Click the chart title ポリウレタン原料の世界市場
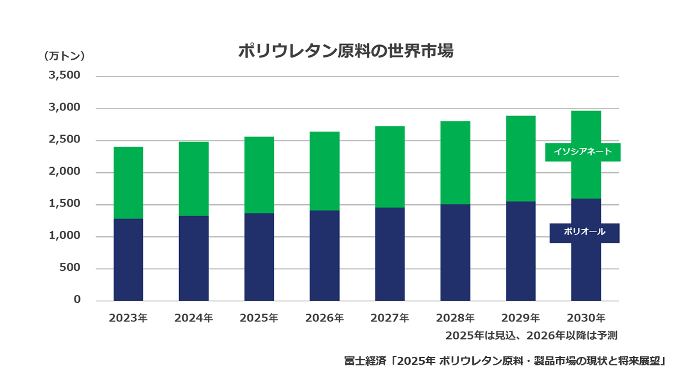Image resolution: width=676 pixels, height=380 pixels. pos(346,51)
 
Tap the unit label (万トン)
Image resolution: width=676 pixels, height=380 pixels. pos(64,56)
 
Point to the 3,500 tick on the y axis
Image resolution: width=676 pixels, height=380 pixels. pos(65,75)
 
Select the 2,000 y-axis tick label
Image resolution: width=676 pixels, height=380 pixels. pos(65,171)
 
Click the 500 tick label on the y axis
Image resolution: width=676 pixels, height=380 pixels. pos(70,267)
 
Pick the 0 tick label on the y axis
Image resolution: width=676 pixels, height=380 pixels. pos(77,299)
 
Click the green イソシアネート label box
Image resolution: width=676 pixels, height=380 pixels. pos(582,152)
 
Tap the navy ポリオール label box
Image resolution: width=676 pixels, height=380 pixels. pos(584,233)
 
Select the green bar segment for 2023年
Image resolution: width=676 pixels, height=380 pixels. pos(128,183)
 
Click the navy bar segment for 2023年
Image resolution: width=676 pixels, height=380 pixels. pos(128,260)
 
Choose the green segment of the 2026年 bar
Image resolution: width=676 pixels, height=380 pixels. pos(324,171)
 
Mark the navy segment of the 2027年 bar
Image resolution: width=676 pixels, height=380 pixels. pos(390,254)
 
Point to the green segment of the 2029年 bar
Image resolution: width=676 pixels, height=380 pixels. pos(521,159)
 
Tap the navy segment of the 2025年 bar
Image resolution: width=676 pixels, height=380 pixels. pos(259,257)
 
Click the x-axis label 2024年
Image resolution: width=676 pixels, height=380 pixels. pos(194,318)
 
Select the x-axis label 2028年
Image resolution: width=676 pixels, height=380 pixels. pos(455,318)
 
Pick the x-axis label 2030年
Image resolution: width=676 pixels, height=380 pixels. pos(586,318)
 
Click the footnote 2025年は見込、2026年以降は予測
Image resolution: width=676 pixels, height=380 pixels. pos(531,336)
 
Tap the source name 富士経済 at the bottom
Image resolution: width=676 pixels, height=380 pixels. pos(365,361)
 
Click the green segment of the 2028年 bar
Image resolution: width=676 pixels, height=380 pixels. pos(455,163)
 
